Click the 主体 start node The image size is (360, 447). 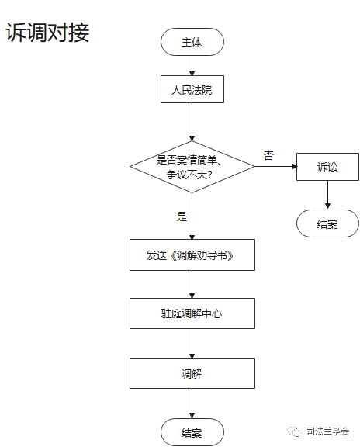(192, 42)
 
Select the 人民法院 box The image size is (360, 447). (192, 89)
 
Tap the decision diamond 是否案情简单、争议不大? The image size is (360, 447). (192, 167)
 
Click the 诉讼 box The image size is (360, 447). (327, 167)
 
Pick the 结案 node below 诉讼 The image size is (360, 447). (327, 223)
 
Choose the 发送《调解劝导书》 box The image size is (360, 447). (192, 255)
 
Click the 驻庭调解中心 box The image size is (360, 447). (192, 314)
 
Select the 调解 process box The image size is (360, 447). (192, 373)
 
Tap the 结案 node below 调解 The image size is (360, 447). (192, 432)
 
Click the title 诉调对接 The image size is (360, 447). (47, 33)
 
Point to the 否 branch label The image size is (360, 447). (268, 156)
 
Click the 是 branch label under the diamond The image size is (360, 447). (182, 217)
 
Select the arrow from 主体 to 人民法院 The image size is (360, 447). (192, 65)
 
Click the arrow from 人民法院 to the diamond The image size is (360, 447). (192, 122)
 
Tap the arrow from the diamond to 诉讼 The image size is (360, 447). (276, 167)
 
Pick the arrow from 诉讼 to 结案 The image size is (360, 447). (327, 195)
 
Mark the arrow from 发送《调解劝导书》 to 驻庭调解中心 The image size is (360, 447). (192, 285)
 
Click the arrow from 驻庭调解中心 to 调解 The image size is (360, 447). (192, 344)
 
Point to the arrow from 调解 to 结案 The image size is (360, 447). (192, 404)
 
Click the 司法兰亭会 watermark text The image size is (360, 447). (327, 431)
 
